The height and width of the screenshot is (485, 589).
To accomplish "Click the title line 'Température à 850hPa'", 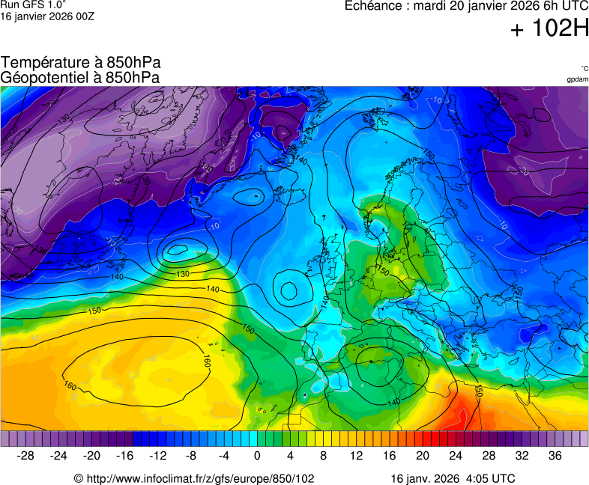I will [81, 63].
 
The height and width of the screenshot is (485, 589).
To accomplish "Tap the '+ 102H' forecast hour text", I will [549, 29].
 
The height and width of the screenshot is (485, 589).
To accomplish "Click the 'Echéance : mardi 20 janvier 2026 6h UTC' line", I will [466, 6].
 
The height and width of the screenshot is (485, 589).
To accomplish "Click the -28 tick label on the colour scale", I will [26, 456].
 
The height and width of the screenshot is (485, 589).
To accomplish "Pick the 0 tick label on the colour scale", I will [257, 456].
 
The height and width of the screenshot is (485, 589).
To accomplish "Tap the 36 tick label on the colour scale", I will [555, 456].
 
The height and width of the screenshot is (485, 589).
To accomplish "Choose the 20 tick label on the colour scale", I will [423, 456].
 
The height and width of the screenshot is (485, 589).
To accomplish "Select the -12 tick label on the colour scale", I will [158, 456].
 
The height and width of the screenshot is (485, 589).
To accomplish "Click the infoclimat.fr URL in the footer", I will [194, 478].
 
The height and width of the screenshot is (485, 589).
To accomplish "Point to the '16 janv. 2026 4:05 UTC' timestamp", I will [453, 478].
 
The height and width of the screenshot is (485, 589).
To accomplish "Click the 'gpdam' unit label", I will [577, 79].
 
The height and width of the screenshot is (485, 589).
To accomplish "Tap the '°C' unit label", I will [584, 68].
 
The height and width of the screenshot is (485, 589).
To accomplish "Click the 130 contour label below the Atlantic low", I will [183, 275].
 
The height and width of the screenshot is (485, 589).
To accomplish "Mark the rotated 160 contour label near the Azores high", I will [207, 362].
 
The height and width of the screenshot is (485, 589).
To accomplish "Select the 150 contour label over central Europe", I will [383, 270].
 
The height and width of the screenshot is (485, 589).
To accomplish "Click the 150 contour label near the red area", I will [477, 391].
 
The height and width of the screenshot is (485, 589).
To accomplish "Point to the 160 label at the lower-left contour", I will [70, 386].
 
